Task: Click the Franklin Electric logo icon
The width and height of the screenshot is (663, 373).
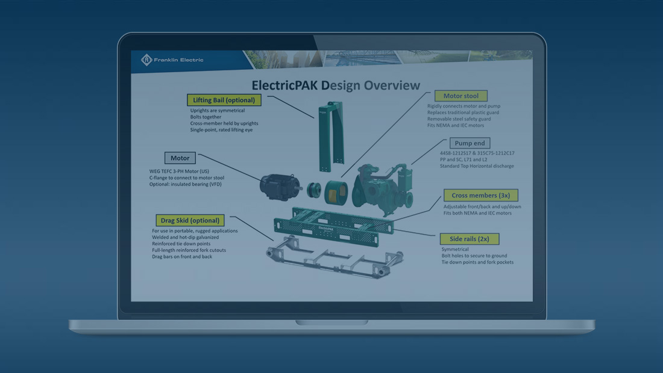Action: [x=146, y=60]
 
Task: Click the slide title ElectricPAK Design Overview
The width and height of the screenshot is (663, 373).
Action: [x=327, y=85]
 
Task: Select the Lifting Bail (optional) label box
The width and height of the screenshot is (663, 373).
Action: [x=224, y=100]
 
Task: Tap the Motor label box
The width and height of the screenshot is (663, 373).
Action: [x=180, y=158]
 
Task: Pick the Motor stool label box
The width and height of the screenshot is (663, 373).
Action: [x=460, y=96]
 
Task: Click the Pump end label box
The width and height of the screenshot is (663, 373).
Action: [x=470, y=143]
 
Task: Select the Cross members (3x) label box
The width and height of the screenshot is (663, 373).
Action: [x=480, y=196]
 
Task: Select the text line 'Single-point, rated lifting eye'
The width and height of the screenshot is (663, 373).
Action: [x=221, y=130]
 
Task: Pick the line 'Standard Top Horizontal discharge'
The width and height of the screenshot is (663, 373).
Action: [x=477, y=166]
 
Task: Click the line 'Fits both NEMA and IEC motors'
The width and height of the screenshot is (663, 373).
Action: [x=477, y=213]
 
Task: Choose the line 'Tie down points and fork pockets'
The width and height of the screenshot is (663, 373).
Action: [x=477, y=262]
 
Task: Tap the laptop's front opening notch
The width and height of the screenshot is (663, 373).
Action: [x=331, y=323]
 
